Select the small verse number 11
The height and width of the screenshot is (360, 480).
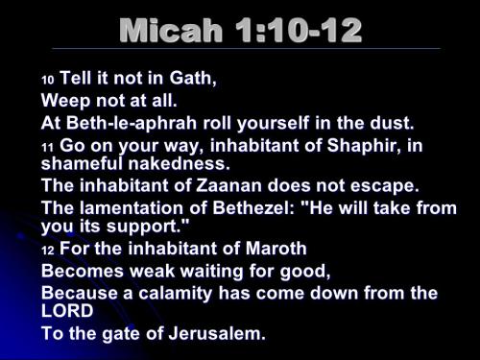coord(47,147)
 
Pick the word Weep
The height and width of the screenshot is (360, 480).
coord(64,101)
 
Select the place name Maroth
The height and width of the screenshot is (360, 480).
coord(272,249)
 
